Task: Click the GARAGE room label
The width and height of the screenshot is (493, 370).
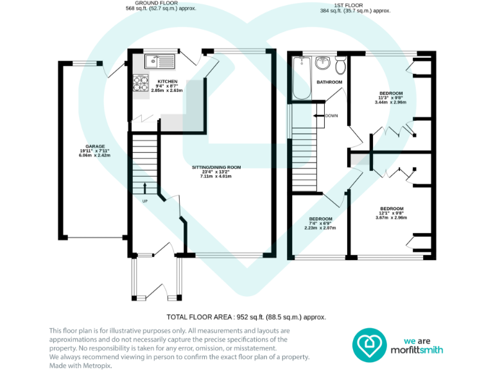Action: click(95, 146)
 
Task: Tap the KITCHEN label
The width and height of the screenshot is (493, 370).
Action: click(168, 82)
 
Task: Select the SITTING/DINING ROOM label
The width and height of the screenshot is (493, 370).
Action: click(216, 168)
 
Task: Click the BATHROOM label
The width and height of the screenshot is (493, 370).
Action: click(329, 82)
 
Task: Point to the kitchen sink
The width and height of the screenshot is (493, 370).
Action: click(159, 61)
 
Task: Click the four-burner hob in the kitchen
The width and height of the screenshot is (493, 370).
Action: click(140, 83)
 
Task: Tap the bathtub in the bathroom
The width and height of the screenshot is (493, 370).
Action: click(302, 78)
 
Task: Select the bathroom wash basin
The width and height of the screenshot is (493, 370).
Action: click(323, 62)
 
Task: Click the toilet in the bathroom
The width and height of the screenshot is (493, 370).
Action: click(340, 65)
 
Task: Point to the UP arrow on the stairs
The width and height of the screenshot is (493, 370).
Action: click(144, 188)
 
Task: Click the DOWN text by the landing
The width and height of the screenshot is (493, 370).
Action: click(331, 116)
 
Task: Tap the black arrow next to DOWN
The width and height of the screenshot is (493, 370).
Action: click(319, 116)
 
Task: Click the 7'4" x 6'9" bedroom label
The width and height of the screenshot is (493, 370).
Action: click(320, 224)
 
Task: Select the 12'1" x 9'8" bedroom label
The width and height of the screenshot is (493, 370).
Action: click(392, 213)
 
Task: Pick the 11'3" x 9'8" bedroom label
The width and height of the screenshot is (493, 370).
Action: click(391, 98)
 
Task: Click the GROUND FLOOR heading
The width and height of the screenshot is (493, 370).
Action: click(156, 3)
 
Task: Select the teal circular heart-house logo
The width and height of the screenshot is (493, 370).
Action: click(370, 345)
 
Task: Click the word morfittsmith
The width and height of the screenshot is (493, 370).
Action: click(417, 350)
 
